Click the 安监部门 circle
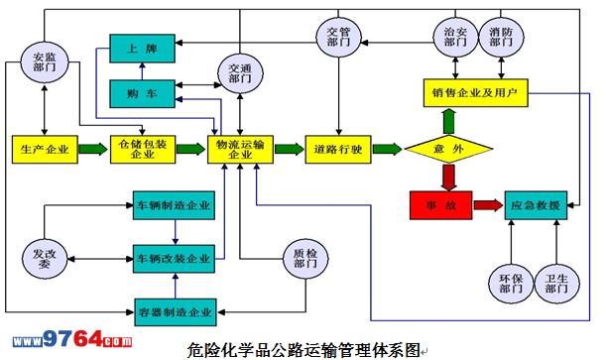[x=45, y=61]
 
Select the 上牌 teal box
[x=142, y=49]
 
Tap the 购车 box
[x=142, y=93]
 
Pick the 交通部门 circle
[x=240, y=73]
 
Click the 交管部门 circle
[x=338, y=37]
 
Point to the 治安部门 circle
[x=455, y=37]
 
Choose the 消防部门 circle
[x=501, y=37]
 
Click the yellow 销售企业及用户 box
[x=475, y=92]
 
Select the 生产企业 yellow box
[x=45, y=149]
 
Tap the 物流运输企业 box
[x=240, y=149]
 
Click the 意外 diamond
[x=448, y=149]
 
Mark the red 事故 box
[x=440, y=205]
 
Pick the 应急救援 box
[x=536, y=205]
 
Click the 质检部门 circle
[x=305, y=258]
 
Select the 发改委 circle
[x=45, y=258]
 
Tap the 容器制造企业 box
[x=176, y=312]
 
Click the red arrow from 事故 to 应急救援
[x=488, y=205]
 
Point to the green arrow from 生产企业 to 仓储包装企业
[x=93, y=149]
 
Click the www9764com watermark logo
[x=72, y=339]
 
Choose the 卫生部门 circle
[x=556, y=284]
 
